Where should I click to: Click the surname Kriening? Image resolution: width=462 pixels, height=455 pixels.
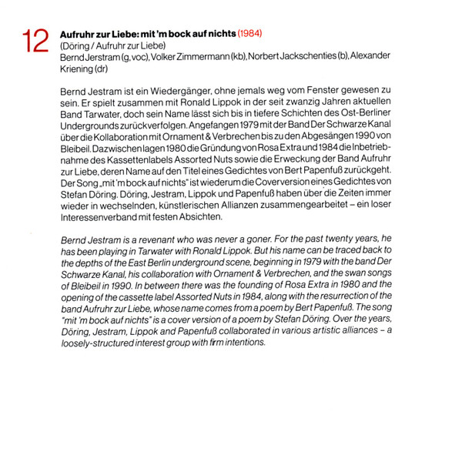point(76,68)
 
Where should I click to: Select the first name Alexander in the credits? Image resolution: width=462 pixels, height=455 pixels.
point(370,56)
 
